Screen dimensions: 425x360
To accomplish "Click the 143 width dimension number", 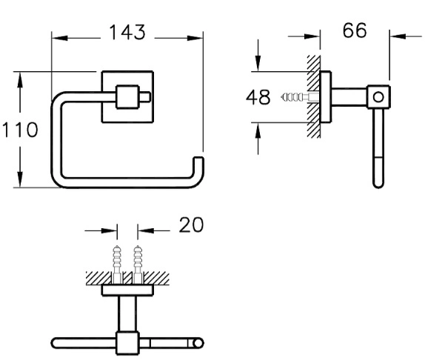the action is coord(127,33).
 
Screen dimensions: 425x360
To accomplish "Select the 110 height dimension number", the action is coord(20,130).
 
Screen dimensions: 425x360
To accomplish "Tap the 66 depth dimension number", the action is coord(355,30).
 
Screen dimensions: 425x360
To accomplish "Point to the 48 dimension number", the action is coord(258,97).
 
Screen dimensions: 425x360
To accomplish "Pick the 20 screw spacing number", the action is coord(191,224).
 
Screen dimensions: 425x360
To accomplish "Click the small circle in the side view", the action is coord(378,97).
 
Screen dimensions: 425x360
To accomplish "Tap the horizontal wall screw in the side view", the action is coord(300,97).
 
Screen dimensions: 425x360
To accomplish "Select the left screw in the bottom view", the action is coord(117,264).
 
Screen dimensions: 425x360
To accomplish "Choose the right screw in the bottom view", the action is coord(138,264).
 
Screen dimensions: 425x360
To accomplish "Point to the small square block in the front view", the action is coord(127,97).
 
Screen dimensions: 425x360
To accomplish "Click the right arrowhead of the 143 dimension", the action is coord(195,39).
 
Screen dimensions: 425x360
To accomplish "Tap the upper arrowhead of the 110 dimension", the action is coord(20,80).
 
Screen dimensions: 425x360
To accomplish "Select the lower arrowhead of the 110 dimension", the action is coord(20,179).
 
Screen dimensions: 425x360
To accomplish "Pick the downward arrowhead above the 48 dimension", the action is coord(258,64).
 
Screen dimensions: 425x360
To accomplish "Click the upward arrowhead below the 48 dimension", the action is coord(258,130).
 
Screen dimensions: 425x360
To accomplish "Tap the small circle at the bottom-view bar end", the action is coord(198,343).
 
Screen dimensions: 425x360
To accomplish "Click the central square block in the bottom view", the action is coord(127,343).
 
